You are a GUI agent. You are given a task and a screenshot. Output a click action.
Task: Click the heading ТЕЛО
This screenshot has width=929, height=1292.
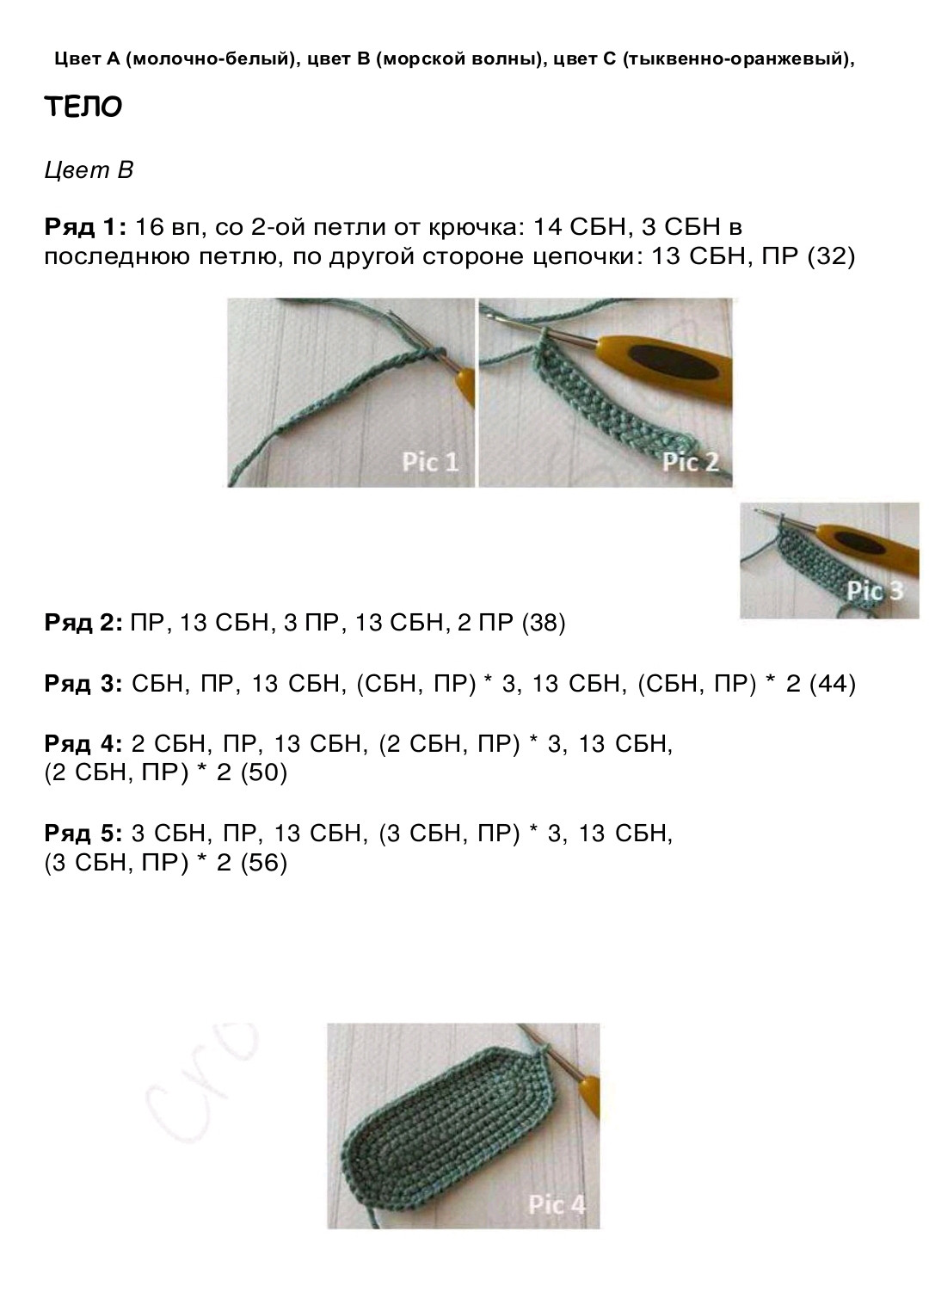pos(83,107)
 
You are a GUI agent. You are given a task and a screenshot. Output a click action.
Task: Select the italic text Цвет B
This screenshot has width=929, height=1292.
pos(89,170)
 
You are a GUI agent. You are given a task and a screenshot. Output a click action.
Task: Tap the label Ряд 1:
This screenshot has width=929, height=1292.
pos(85,227)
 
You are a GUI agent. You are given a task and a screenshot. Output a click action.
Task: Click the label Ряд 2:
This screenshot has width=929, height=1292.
pos(83,623)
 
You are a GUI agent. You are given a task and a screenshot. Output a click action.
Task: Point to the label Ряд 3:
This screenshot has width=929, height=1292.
pos(83,684)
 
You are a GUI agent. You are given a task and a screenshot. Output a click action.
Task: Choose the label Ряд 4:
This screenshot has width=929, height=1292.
pos(83,744)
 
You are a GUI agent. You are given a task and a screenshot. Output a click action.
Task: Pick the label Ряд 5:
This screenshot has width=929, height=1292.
pos(83,834)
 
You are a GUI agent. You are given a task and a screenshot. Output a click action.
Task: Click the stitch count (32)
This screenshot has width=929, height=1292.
pos(831,256)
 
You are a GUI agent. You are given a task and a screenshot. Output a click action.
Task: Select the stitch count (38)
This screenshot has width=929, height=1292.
pos(543,623)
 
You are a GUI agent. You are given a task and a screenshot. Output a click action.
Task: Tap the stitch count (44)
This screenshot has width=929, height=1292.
pos(833,684)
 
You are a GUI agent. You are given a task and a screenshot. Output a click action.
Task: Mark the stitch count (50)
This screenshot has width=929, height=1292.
pos(263,772)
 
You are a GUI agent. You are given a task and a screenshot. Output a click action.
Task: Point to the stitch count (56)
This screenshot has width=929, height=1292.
pos(263,862)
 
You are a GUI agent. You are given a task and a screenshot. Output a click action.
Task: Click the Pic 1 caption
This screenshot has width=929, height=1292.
pos(430,462)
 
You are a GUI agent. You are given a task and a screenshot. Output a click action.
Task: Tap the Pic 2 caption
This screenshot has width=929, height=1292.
pos(690,462)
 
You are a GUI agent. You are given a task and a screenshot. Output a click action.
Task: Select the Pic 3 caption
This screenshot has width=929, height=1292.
pos(875,591)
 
